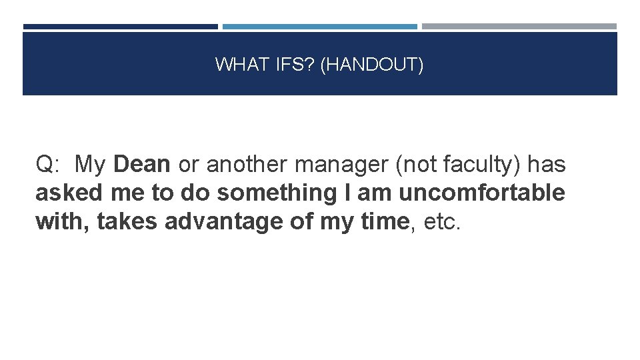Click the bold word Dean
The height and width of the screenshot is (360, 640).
coord(142,164)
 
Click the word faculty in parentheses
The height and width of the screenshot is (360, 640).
coord(477,164)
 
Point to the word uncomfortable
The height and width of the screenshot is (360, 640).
coord(481,193)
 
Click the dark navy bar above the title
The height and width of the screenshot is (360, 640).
coord(120,27)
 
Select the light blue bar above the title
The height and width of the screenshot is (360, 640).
coord(320,27)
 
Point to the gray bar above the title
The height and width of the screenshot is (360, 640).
coord(519,27)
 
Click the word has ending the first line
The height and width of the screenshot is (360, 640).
coord(546,164)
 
